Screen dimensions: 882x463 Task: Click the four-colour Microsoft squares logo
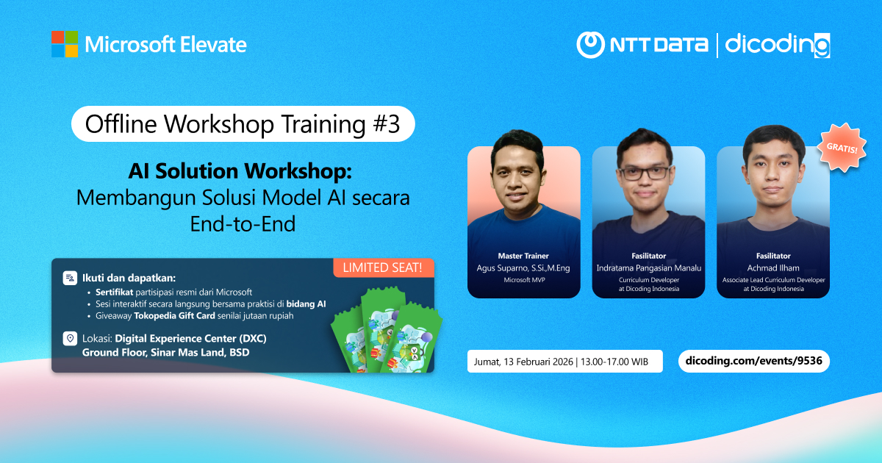click(65, 44)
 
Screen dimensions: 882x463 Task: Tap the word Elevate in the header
click(213, 45)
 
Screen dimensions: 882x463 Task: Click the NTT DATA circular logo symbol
click(591, 45)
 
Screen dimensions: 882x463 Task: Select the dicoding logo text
click(778, 46)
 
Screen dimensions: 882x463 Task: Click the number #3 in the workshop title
click(387, 124)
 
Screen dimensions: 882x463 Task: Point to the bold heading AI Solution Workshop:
click(240, 171)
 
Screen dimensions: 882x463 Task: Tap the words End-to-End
click(243, 223)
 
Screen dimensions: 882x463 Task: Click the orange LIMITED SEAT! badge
click(384, 268)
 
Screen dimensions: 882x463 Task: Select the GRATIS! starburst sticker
click(842, 148)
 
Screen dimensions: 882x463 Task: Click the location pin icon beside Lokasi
click(70, 338)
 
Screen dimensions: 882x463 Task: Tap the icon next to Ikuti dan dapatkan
click(70, 278)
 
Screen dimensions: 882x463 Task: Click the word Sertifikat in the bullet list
click(114, 292)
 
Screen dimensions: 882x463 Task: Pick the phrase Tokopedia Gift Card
click(174, 316)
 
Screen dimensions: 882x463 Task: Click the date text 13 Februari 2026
click(538, 362)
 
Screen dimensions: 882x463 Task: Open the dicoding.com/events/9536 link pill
click(753, 361)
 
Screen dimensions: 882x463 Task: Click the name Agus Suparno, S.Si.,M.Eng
click(523, 268)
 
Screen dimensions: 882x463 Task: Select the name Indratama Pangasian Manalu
click(648, 268)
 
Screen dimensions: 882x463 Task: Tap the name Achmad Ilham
click(773, 268)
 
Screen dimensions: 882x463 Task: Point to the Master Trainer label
click(523, 256)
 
